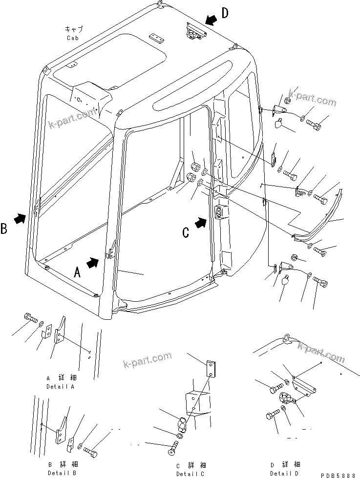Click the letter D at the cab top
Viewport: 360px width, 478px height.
(x=224, y=13)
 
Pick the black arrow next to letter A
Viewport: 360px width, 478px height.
(x=92, y=263)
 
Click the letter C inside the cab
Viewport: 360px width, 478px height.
(x=186, y=233)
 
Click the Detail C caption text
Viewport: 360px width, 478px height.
(x=190, y=474)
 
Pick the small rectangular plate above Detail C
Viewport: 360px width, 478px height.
(x=211, y=368)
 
